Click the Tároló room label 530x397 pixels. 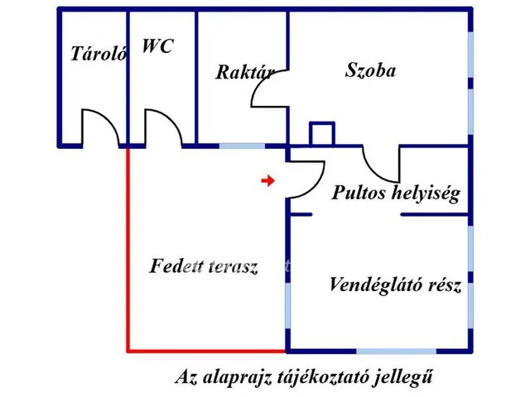pos(98,55)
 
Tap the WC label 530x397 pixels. pos(157,46)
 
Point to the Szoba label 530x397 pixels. pos(370,69)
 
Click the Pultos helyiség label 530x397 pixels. pos(395,194)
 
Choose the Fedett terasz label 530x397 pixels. pos(204,266)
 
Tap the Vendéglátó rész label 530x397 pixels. pos(394,286)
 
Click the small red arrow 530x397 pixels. pos(267,180)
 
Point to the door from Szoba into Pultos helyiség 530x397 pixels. pos(381,165)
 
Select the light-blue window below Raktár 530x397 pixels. pos(242,146)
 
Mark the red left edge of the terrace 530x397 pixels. pos(128,248)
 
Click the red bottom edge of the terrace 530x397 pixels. pos(207,350)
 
